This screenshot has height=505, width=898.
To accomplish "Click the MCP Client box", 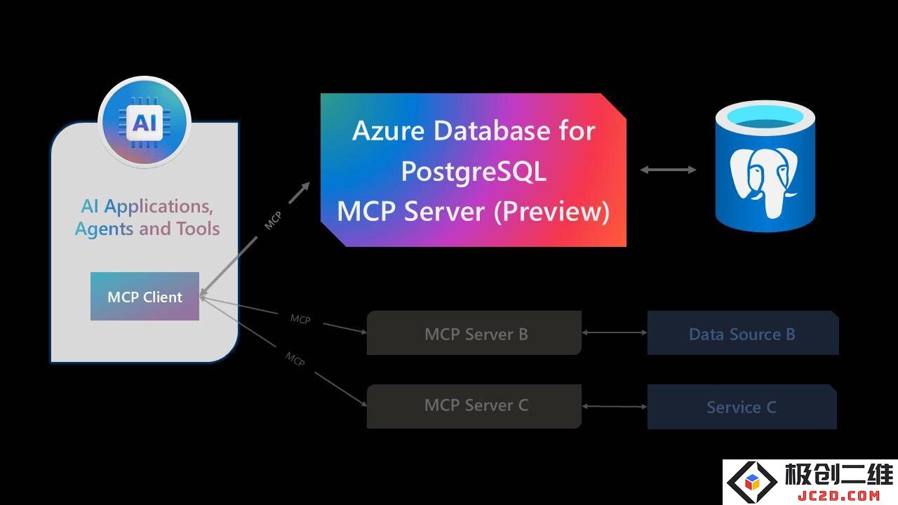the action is (145, 296).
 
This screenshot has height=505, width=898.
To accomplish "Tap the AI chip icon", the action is (145, 121).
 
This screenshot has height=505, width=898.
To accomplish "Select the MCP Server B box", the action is (474, 332).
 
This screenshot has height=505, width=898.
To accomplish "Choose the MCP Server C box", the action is (474, 406).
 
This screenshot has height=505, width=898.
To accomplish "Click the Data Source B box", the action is (743, 332).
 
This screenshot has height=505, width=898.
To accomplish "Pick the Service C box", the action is (742, 407).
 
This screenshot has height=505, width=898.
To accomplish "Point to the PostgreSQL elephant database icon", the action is (765, 166).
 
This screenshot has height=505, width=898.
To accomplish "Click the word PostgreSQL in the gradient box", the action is (474, 171).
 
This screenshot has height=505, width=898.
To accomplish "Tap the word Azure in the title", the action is (388, 130).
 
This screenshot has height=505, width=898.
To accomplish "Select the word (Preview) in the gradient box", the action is (551, 212).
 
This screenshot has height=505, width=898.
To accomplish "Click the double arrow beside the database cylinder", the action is (668, 170).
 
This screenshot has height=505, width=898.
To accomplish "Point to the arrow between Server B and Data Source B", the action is (615, 332).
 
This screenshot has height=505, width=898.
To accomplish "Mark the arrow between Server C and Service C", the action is (615, 406).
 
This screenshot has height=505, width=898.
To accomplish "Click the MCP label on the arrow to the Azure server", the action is (273, 220).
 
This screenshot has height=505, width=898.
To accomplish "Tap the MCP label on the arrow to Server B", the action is (300, 319).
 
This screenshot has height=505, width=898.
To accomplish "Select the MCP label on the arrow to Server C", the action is (295, 358).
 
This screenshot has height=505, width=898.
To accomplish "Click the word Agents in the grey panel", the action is (105, 229).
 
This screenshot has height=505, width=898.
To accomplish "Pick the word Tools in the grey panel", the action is (198, 229).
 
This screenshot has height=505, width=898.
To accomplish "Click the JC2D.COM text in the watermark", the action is (838, 495).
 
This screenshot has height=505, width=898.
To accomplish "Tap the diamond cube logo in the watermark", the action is (752, 482).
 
